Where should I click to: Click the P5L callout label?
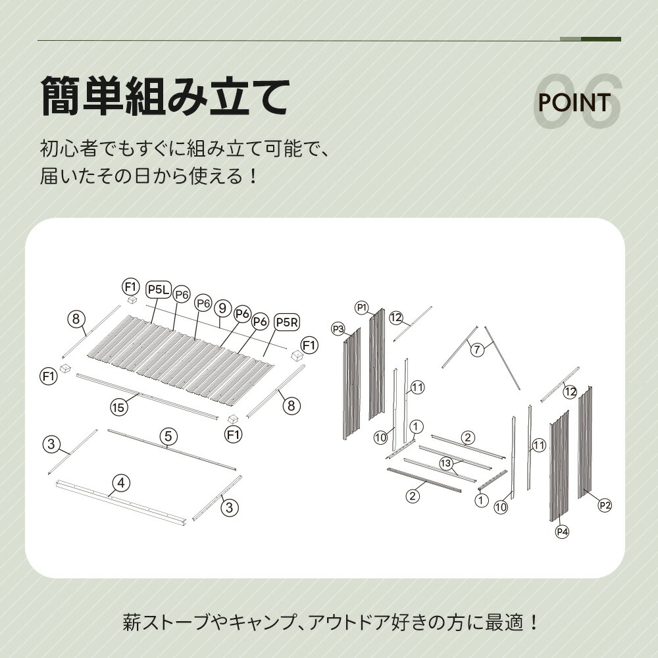click(159, 290)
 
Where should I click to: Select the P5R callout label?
click(288, 322)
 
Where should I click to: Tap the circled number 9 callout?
click(222, 309)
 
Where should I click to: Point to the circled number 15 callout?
click(118, 407)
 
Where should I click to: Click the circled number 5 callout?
click(168, 436)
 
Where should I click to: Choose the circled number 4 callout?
click(121, 483)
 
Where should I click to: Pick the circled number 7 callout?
click(476, 349)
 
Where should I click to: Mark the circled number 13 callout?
click(445, 463)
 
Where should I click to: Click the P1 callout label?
click(362, 307)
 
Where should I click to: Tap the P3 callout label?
click(338, 329)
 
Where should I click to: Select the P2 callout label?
click(605, 505)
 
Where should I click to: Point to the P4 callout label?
click(562, 532)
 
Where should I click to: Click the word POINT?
click(574, 103)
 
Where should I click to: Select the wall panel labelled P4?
click(559, 465)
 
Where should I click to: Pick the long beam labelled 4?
click(122, 503)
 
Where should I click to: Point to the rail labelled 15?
click(147, 397)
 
